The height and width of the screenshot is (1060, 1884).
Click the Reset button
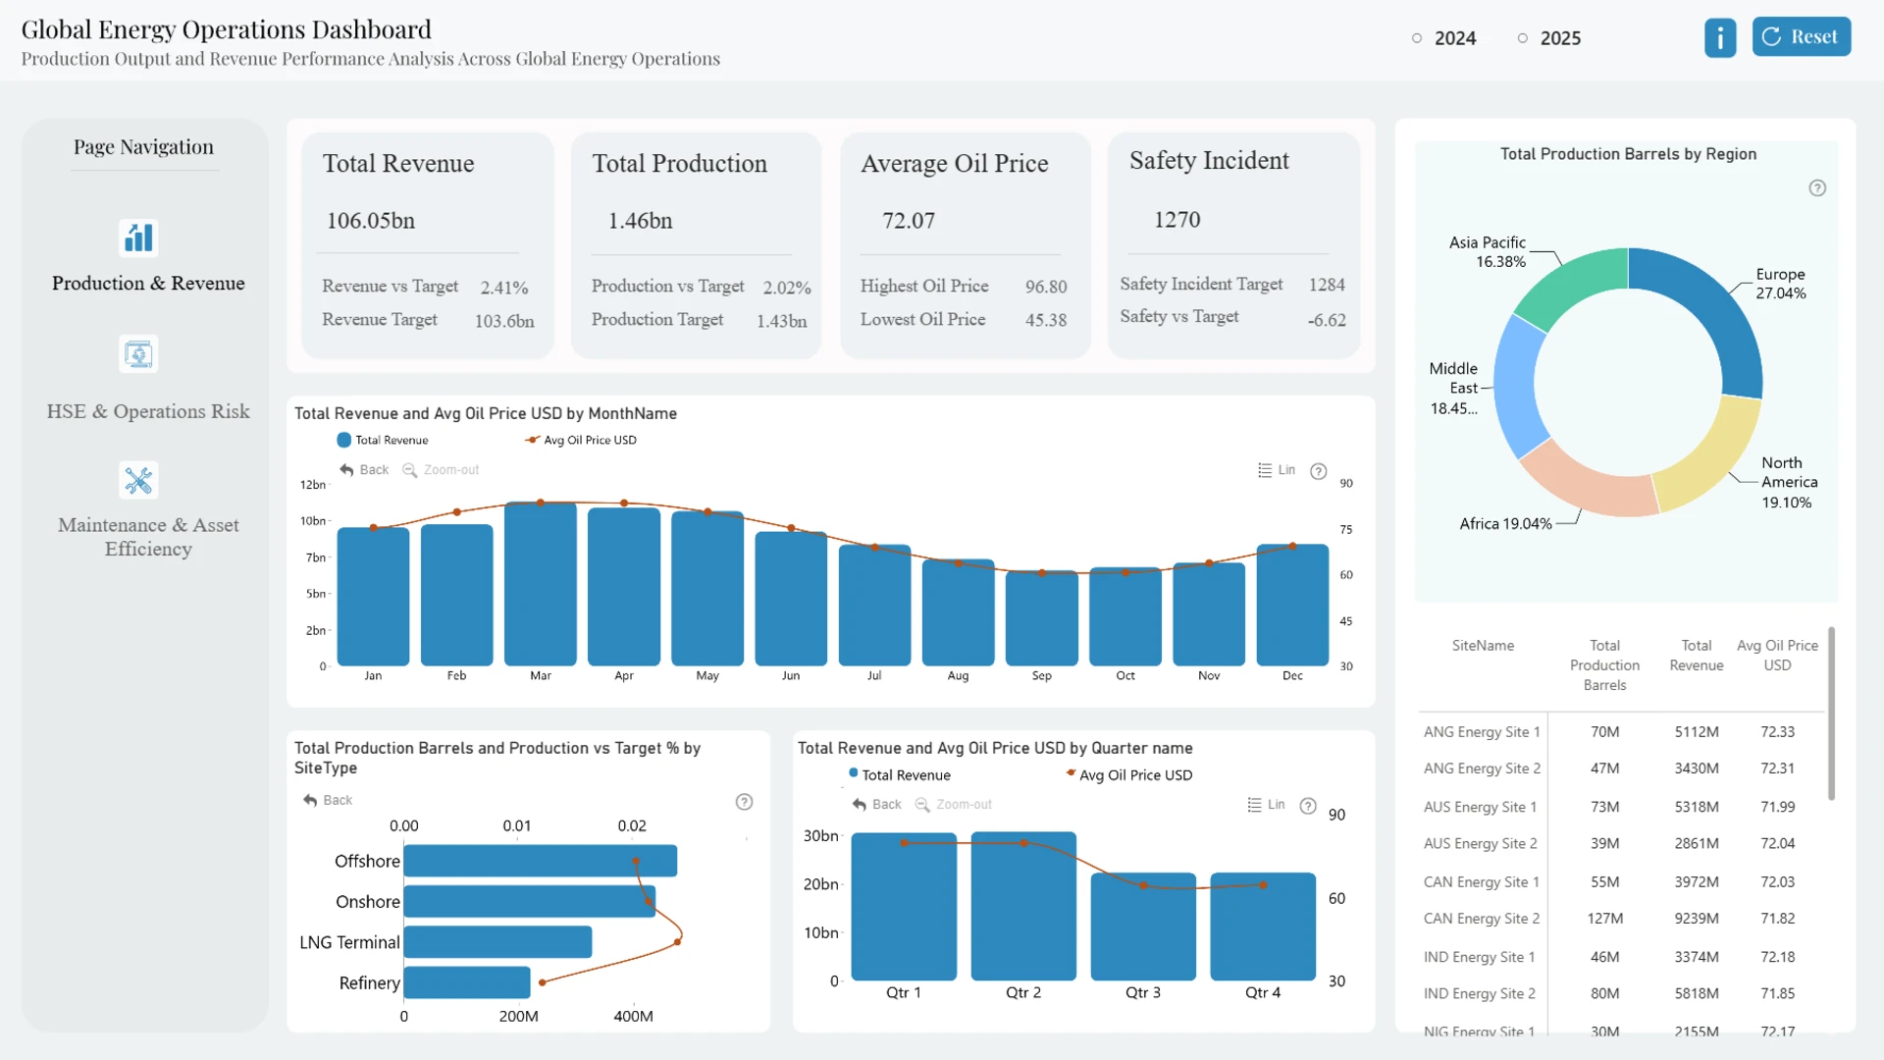pos(1802,37)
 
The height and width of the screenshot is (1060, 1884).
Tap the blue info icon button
pos(1720,37)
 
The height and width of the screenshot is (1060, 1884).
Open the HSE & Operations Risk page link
pos(148,411)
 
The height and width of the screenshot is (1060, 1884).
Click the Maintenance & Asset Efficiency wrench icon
pos(138,480)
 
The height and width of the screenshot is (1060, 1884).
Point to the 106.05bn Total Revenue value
pos(371,221)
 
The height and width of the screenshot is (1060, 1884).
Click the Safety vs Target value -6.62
pos(1327,320)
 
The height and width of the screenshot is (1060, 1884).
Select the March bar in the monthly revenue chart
pos(541,584)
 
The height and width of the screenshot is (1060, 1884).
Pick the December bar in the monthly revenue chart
pos(1292,606)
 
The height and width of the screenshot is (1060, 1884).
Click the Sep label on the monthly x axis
pos(1042,676)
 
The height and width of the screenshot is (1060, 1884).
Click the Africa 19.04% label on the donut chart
pos(1505,524)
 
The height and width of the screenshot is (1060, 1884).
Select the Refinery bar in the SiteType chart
pos(467,982)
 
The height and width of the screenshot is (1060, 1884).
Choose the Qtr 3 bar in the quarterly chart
pos(1143,927)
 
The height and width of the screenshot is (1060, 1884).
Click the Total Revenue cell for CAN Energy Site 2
pos(1697,919)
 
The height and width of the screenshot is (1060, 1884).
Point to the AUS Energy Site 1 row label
pos(1480,807)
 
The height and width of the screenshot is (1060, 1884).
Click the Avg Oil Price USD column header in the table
pos(1777,656)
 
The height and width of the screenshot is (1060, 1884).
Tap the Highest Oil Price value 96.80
pos(1046,287)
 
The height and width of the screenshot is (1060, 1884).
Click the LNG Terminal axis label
pos(349,942)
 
